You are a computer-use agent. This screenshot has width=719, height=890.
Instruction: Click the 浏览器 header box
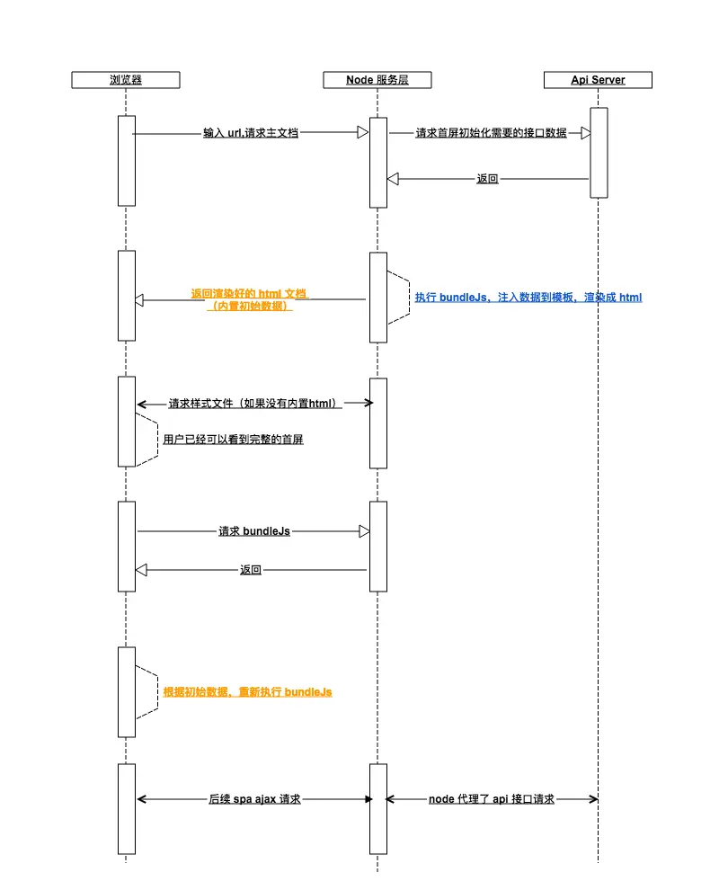tap(126, 80)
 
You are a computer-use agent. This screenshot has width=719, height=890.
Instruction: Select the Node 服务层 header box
tap(377, 80)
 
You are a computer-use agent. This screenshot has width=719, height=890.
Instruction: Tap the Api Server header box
tap(598, 80)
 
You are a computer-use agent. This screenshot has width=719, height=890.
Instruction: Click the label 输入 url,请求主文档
tap(251, 133)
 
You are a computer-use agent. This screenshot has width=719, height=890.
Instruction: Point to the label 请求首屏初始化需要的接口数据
tap(491, 133)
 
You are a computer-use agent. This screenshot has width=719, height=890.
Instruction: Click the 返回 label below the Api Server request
tap(487, 179)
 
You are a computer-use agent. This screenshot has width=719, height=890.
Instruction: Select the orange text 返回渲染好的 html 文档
tap(249, 294)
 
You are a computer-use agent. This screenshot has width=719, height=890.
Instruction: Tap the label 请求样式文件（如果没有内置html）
tap(255, 404)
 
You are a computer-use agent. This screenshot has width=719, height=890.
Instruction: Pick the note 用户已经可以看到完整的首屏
tap(234, 440)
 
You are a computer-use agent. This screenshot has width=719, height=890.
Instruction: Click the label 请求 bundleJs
tap(254, 531)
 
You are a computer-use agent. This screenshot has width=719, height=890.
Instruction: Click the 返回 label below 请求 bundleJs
tap(251, 570)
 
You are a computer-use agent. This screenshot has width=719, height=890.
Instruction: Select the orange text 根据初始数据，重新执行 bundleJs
tap(247, 692)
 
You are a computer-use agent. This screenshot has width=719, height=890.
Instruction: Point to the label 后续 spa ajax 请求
tap(254, 798)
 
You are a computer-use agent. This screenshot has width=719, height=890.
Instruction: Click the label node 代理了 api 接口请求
tap(492, 798)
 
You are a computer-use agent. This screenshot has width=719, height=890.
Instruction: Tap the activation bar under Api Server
tap(599, 153)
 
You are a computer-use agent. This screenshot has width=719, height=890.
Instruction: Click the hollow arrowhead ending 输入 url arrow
tap(363, 133)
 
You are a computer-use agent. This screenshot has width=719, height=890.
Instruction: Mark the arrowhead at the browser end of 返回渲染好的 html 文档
tap(139, 300)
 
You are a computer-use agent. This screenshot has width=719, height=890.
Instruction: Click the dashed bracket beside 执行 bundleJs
tap(403, 298)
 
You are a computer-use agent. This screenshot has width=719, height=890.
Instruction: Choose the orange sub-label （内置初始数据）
tap(250, 307)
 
